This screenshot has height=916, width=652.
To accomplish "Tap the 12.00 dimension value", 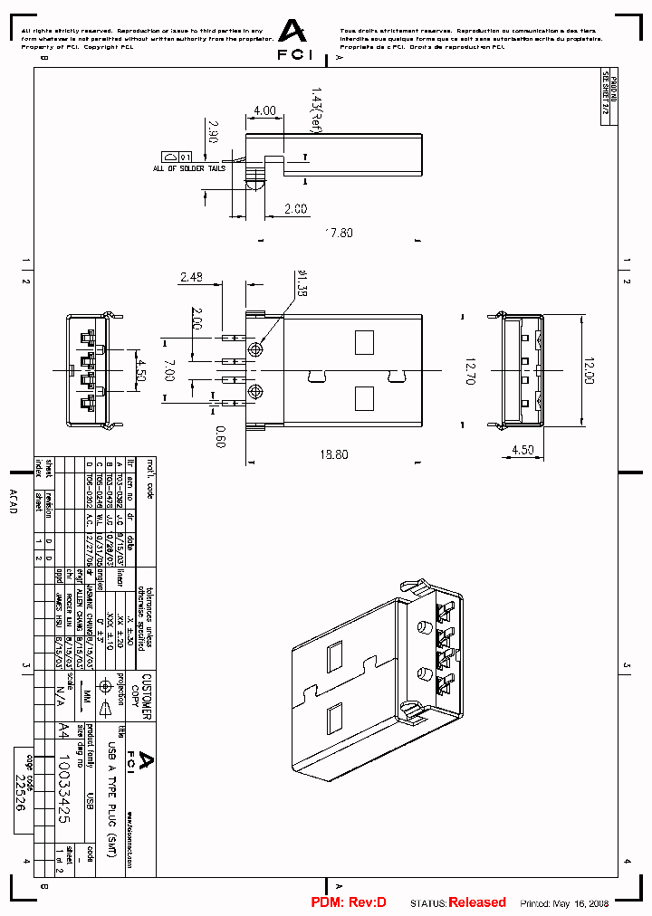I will tap(590, 371).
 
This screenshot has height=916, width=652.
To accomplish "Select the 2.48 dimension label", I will tap(192, 278).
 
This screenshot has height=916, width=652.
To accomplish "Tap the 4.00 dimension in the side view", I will tap(264, 110).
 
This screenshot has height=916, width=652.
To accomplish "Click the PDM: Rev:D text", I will tap(349, 902).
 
